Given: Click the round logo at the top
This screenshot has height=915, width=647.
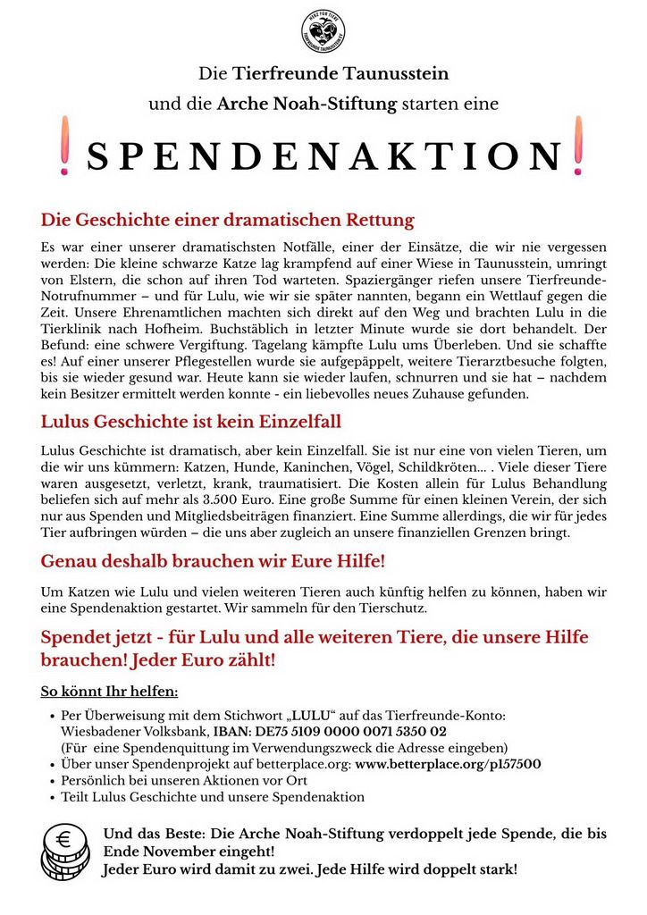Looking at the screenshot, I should coord(323,30).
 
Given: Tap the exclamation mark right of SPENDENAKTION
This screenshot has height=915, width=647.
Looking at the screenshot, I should coord(578,155).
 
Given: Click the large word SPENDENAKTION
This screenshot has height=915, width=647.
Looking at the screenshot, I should coord(323,156).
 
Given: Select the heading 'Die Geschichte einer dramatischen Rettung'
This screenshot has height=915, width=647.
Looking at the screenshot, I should coord(228,219).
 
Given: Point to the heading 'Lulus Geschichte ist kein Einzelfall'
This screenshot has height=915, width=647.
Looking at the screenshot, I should coord(191,422).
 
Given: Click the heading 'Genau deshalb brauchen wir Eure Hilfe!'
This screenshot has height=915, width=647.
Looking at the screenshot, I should coord(214,562).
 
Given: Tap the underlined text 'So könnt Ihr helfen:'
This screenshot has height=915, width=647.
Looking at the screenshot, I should coord(110,691).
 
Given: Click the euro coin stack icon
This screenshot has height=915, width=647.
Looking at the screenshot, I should coord(66,852).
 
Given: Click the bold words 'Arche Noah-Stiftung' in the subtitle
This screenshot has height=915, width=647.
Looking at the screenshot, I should coord(307,104).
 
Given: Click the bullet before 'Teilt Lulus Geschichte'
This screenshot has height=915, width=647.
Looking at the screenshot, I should coord(52,797).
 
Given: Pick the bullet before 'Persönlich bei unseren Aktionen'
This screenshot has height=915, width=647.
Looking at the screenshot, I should coord(52,781).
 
